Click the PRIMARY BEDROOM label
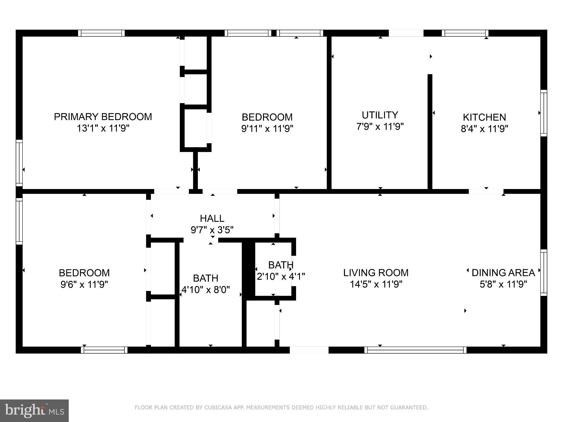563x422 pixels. [103, 117]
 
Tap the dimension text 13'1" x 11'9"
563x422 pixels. [103, 128]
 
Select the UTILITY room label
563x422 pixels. [380, 115]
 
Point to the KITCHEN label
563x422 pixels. [484, 117]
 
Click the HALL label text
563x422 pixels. [212, 218]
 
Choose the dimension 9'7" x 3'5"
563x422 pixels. [212, 230]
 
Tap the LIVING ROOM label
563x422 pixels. [376, 273]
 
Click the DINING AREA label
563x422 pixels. [503, 273]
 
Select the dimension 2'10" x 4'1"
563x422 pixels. [281, 276]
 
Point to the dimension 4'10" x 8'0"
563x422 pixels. [206, 290]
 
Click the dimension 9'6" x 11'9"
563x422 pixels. [84, 284]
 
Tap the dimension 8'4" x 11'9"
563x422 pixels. [484, 129]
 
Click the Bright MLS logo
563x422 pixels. [34, 410]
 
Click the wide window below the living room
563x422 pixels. [415, 350]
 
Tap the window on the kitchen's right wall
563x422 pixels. [544, 113]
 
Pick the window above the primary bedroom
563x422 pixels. [101, 33]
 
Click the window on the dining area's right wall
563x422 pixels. [544, 273]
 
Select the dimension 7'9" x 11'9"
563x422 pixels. [380, 127]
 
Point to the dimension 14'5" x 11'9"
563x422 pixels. [376, 284]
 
